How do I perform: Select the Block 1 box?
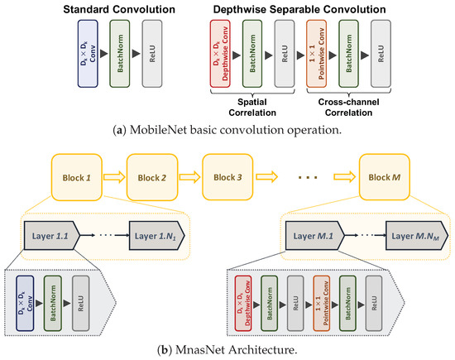pyautogui.click(x=83, y=177)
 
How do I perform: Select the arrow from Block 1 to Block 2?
pyautogui.click(x=118, y=177)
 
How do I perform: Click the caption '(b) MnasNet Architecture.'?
pyautogui.click(x=227, y=350)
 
